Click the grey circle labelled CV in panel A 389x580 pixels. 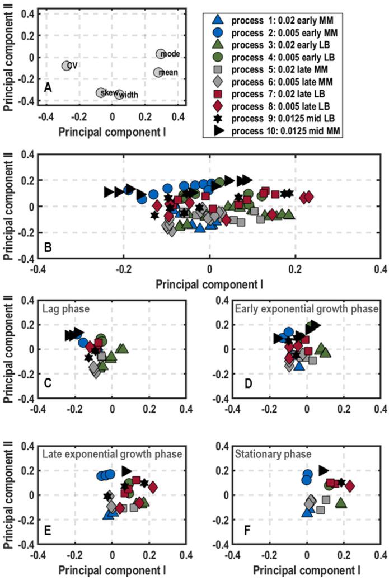[x=66, y=66]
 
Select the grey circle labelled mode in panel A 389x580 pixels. [x=161, y=54]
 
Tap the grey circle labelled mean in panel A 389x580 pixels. [x=159, y=72]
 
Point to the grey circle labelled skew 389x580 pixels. [x=101, y=92]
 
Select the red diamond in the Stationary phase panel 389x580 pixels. [x=350, y=485]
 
